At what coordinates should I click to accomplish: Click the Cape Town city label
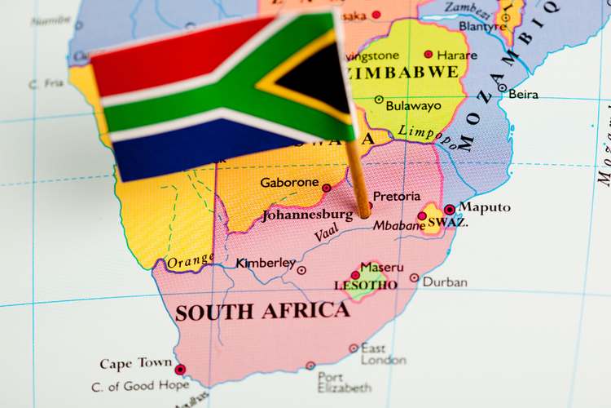(136, 363)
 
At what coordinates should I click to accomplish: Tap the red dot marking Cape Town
(180, 370)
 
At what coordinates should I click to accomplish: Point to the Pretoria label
(397, 197)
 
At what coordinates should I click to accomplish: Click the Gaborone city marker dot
(327, 188)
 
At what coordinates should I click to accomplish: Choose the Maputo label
(485, 207)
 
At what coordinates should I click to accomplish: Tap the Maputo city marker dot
(449, 210)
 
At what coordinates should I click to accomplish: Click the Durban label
(445, 282)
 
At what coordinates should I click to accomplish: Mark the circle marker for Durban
(415, 278)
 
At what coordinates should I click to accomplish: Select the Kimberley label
(266, 263)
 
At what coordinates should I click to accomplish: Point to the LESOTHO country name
(366, 286)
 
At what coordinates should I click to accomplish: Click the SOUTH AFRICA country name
(262, 312)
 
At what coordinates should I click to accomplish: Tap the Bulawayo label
(415, 105)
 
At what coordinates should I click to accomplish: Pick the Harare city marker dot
(429, 55)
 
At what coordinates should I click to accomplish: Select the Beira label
(523, 94)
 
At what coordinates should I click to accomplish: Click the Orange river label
(190, 261)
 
